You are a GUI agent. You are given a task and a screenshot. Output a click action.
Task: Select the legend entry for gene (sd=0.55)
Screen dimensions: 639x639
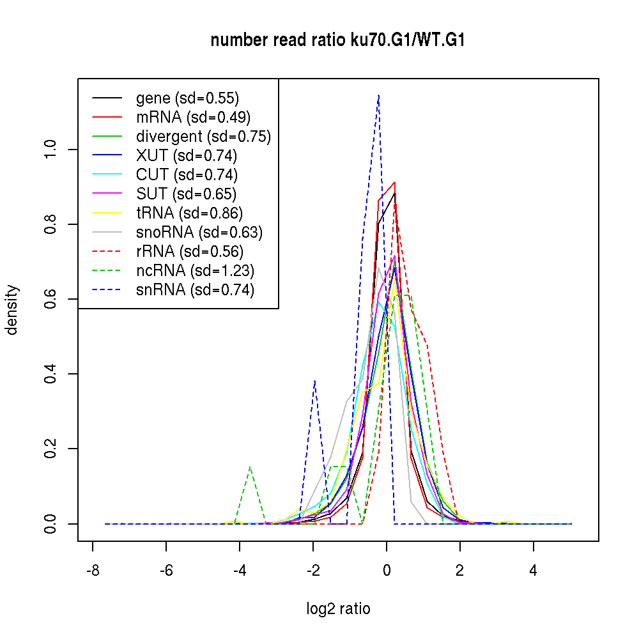pyautogui.click(x=187, y=98)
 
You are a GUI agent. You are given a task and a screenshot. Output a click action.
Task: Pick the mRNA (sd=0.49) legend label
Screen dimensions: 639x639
pyautogui.click(x=193, y=117)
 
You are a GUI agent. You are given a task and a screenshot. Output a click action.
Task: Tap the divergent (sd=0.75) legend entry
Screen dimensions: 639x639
pyautogui.click(x=203, y=136)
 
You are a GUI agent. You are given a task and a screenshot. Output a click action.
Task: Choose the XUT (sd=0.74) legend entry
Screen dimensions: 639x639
pyautogui.click(x=187, y=155)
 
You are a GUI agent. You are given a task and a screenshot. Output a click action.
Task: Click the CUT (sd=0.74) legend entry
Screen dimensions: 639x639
pyautogui.click(x=187, y=174)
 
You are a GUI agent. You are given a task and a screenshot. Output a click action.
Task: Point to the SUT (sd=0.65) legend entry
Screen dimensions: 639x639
pyautogui.click(x=186, y=194)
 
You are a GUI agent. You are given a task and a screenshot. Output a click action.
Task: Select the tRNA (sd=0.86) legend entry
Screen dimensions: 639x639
pyautogui.click(x=189, y=213)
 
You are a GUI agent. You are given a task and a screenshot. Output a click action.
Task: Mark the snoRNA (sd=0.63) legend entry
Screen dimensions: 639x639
pyautogui.click(x=199, y=232)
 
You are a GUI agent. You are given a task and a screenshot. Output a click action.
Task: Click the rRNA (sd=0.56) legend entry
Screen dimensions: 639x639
pyautogui.click(x=190, y=251)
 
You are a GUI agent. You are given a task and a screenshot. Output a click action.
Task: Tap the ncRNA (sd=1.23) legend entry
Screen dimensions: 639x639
pyautogui.click(x=195, y=270)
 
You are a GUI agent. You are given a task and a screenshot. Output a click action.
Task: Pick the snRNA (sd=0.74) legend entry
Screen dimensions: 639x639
pyautogui.click(x=195, y=289)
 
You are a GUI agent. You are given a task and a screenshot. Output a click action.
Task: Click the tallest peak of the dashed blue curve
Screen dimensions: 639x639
pyautogui.click(x=379, y=95)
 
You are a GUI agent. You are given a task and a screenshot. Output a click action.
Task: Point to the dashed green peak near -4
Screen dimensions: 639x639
pyautogui.click(x=250, y=467)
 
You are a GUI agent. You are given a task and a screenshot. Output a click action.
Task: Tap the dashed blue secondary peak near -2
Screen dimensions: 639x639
pyautogui.click(x=314, y=381)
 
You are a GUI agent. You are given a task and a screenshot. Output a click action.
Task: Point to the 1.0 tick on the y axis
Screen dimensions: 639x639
pyautogui.click(x=50, y=150)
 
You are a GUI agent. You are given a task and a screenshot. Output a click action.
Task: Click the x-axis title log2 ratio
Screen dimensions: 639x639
pyautogui.click(x=338, y=609)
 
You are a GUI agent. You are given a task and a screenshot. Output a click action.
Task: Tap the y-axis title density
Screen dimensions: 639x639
pyautogui.click(x=13, y=309)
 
